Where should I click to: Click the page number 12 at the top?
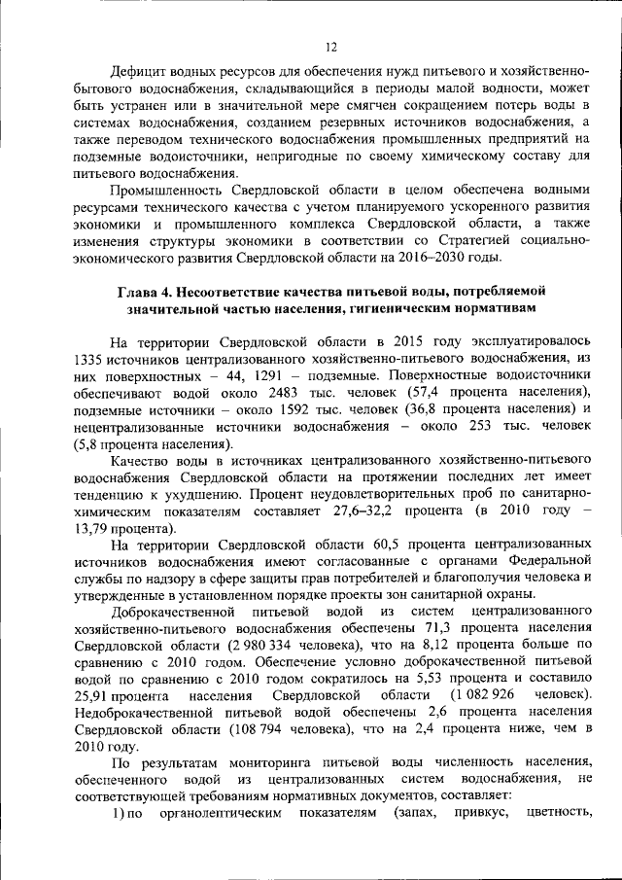coord(330,47)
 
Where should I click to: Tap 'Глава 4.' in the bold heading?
coord(150,291)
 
